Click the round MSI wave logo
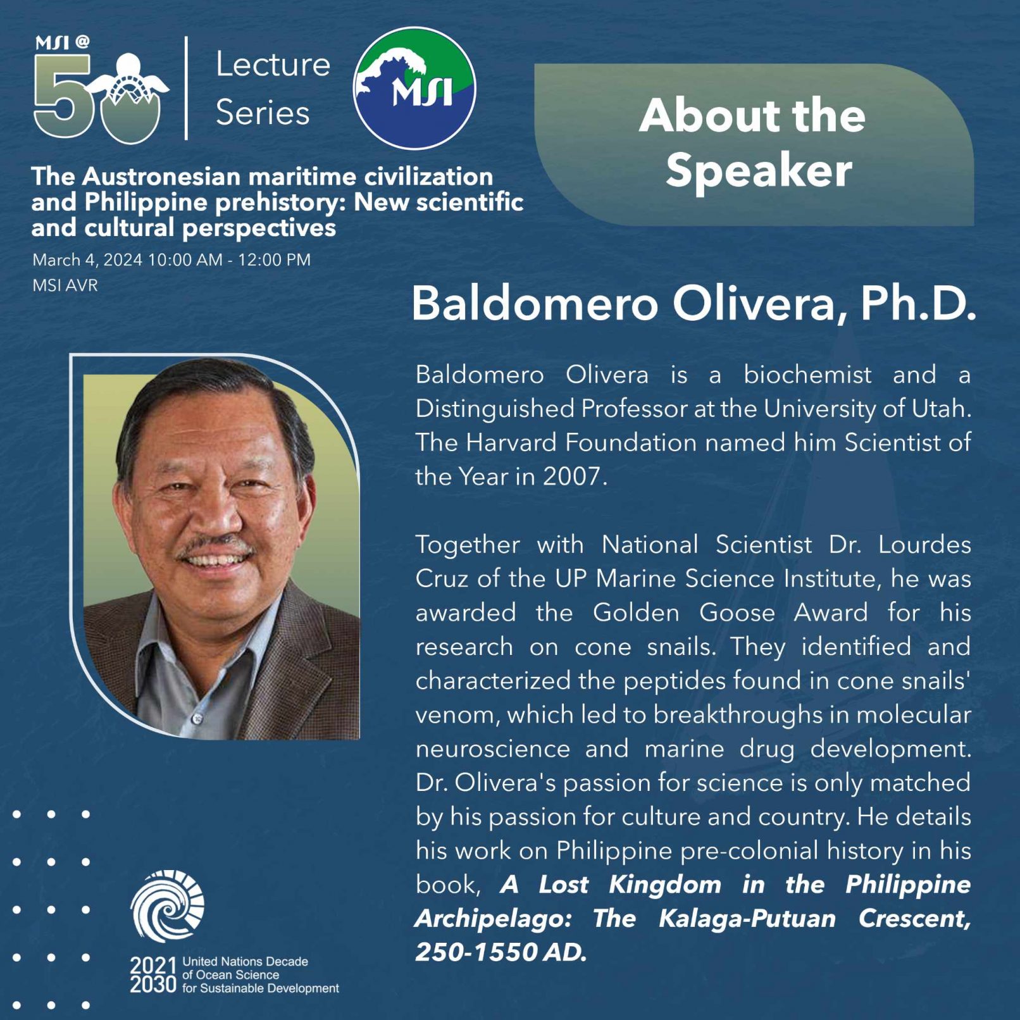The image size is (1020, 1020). click(414, 88)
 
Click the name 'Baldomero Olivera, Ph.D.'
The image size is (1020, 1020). click(693, 304)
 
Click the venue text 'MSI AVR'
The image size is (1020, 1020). click(65, 285)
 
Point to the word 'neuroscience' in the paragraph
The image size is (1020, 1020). click(492, 749)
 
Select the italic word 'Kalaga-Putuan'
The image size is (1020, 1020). click(747, 918)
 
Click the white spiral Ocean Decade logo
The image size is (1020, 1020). click(168, 906)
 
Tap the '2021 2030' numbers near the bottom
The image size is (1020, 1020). click(153, 975)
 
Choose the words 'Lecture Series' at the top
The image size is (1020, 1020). click(272, 89)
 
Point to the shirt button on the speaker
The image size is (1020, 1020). click(197, 719)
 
